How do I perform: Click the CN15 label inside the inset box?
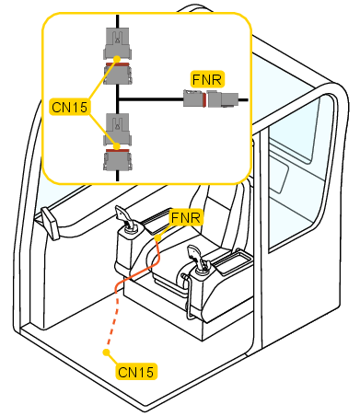pos(69,107)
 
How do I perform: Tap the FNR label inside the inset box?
pos(207,80)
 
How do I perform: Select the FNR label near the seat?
pos(186,218)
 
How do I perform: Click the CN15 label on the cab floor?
pos(135,372)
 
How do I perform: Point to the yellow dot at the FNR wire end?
pos(157,238)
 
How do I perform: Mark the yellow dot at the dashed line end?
pos(106,352)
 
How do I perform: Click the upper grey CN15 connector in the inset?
pos(118,56)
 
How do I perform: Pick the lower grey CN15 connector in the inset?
pos(118,142)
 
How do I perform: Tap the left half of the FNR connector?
pos(194,98)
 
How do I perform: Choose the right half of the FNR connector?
pos(223,98)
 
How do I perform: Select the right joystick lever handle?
pos(197,257)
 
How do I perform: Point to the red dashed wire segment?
pos(111,322)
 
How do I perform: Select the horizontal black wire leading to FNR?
pos(151,99)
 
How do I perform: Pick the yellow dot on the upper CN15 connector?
pos(117,59)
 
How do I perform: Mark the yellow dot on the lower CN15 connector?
pos(117,146)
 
